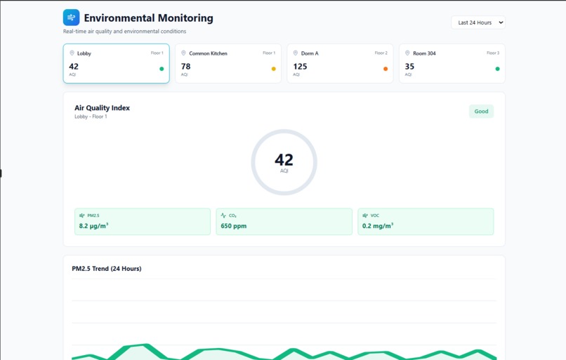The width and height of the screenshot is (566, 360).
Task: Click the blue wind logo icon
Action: coord(71,18)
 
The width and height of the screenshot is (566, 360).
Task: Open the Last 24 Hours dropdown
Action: coord(478,22)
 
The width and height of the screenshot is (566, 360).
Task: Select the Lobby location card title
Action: coord(84,53)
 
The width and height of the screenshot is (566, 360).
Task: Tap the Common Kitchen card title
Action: coord(208,53)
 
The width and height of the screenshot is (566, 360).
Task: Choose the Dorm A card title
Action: coord(310,53)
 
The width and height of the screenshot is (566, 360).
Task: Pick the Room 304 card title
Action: coord(424,53)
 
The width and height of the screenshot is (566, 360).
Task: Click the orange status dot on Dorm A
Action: coord(386,69)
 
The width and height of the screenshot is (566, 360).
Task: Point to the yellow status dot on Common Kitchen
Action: coord(273,69)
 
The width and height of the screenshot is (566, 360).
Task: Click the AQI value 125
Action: coord(300,67)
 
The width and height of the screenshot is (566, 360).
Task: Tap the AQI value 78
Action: coord(185,67)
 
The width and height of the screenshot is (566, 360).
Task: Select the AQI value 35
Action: coord(409,67)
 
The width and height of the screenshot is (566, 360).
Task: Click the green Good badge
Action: coord(481,112)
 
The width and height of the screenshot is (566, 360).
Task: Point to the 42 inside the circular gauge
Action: coord(284,159)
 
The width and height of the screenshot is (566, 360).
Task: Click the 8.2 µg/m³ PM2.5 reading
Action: coord(93,226)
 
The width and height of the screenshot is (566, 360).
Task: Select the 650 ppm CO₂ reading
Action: coord(234,226)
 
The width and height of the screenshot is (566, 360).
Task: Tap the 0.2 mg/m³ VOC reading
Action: coord(378,226)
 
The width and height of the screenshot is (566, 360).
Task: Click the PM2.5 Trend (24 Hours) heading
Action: coord(106,269)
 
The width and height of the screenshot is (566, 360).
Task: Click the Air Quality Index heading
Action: coord(102,108)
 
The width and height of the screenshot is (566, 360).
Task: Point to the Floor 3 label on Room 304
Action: coord(493,53)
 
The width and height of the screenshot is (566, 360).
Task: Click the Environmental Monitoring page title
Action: coord(148,18)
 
